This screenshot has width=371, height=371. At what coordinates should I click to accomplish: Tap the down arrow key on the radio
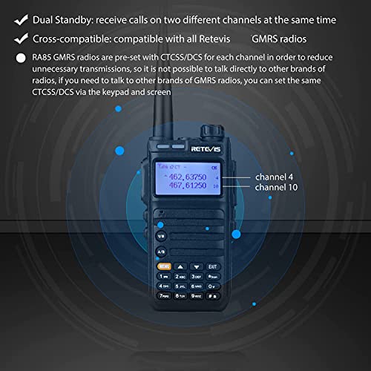point(197,265)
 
